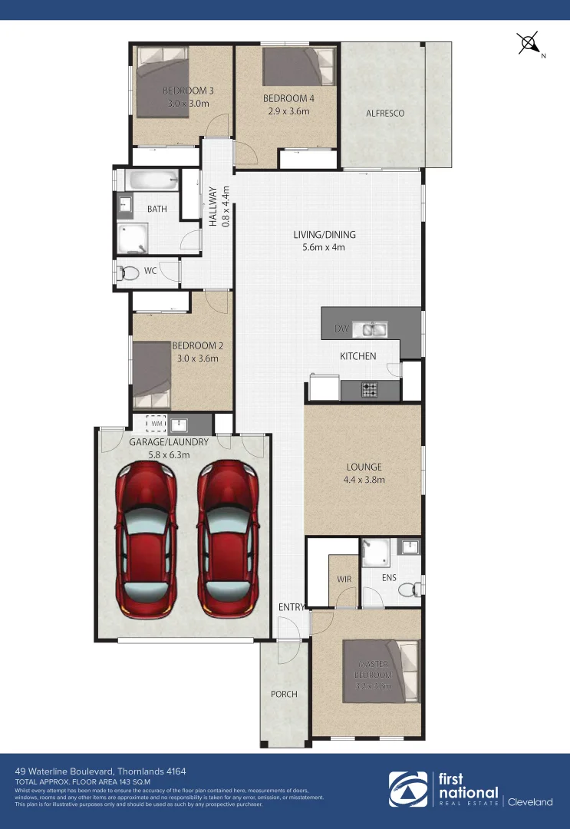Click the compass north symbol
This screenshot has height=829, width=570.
point(529,43)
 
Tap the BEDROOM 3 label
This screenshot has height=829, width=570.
point(188,91)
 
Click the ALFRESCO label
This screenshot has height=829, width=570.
point(384,113)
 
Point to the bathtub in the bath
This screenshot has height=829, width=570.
point(152,181)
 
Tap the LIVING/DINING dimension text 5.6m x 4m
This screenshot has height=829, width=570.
point(325,247)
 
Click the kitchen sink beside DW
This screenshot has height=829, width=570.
point(374,330)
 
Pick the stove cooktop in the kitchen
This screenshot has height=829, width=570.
point(370,389)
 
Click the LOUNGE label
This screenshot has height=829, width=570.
point(363,467)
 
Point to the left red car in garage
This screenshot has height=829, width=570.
point(147,538)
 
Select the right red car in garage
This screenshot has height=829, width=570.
point(228,538)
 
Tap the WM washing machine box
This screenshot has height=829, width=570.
point(157,424)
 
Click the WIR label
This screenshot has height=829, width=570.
point(343,578)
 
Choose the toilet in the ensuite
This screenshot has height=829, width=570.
point(415,588)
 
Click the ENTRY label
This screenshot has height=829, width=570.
point(291,608)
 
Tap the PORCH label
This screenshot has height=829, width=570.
point(284,694)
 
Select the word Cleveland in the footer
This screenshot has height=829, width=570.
point(530,802)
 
